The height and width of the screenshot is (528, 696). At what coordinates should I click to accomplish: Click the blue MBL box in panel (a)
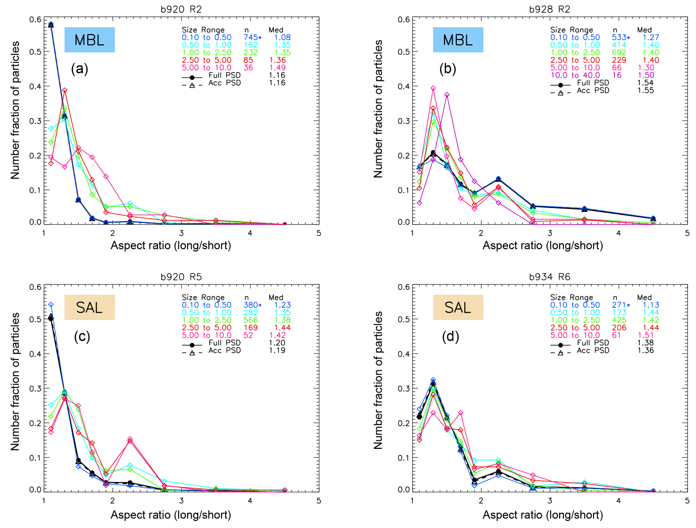tap(90, 40)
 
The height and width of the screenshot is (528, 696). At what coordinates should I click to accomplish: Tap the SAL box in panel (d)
tap(458, 307)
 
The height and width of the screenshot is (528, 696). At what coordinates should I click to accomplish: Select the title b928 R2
tap(550, 9)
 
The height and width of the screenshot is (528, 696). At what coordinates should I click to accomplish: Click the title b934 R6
tap(550, 277)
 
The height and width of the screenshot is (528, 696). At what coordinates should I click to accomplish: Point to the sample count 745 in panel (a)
tap(251, 37)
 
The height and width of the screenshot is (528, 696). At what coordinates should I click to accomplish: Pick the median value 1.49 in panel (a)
tap(277, 67)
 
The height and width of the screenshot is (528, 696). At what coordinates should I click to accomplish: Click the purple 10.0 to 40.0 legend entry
tap(575, 75)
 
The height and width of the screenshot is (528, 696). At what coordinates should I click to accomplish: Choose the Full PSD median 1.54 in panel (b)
tap(645, 83)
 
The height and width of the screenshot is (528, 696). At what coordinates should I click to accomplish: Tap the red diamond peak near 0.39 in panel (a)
tap(65, 90)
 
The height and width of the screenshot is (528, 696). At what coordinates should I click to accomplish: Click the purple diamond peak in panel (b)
tap(447, 95)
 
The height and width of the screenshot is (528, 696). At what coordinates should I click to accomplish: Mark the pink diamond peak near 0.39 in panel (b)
tap(433, 88)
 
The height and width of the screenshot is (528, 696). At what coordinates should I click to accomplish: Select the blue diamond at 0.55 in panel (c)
tap(51, 304)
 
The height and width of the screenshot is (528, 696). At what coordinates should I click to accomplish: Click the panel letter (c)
tap(82, 336)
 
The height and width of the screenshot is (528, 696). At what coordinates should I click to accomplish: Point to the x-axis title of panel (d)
tap(542, 515)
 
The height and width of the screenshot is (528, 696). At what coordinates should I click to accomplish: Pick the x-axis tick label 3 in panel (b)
tap(550, 233)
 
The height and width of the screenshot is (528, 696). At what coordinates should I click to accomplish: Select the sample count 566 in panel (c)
tap(251, 320)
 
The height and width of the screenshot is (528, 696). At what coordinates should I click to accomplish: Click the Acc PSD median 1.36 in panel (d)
tap(645, 350)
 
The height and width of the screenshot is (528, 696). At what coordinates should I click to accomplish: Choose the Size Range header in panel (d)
tap(571, 297)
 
